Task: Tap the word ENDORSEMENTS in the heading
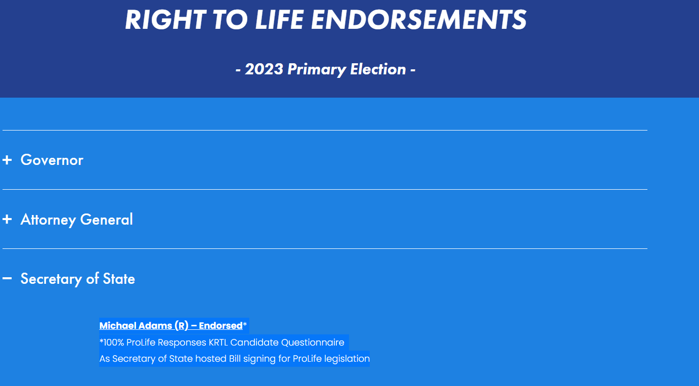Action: (419, 20)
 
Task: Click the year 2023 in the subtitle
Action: (264, 69)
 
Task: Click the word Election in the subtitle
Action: (378, 69)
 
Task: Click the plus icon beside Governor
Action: (7, 160)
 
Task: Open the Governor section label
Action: (52, 160)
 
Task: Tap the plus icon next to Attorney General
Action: (7, 220)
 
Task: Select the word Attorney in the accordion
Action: (48, 220)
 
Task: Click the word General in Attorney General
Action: (106, 220)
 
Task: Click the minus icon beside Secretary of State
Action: (7, 278)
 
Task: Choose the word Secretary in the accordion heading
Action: (51, 279)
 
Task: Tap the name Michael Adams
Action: (136, 326)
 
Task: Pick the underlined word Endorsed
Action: (221, 326)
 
